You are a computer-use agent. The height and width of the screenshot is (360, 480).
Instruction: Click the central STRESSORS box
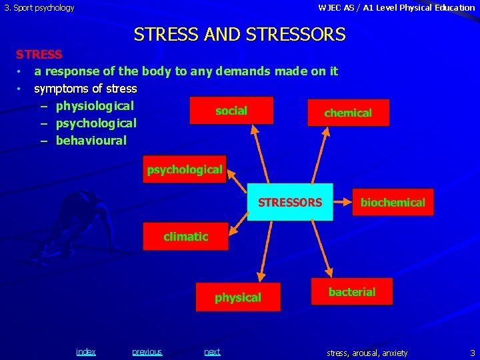(290, 202)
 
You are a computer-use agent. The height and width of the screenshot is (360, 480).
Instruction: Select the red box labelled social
(231, 111)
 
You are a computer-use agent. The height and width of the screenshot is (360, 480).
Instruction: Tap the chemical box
(348, 113)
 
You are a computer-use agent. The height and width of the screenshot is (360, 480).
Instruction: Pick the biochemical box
(393, 202)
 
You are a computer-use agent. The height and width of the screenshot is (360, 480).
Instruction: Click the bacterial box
(351, 292)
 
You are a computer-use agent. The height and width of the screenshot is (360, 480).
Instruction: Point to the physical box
(238, 297)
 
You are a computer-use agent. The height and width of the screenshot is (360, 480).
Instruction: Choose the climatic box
(186, 237)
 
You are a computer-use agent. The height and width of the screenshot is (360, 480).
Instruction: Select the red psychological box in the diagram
(185, 169)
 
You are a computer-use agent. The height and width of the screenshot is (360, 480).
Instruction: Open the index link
(86, 351)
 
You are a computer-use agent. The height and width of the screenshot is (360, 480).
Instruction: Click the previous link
(147, 351)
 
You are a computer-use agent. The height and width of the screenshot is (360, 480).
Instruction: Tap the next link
(212, 351)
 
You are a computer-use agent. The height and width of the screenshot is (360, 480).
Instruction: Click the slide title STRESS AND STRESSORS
(240, 34)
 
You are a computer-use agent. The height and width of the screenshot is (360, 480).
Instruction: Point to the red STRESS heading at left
(39, 54)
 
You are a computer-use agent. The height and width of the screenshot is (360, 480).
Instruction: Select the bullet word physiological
(95, 105)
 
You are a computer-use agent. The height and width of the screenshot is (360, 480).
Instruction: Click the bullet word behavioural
(91, 140)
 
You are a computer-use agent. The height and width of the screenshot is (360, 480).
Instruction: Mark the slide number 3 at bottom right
(472, 352)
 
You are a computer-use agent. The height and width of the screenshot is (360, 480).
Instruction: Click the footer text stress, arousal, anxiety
(367, 352)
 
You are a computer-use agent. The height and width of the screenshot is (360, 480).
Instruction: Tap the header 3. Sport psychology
(39, 8)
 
